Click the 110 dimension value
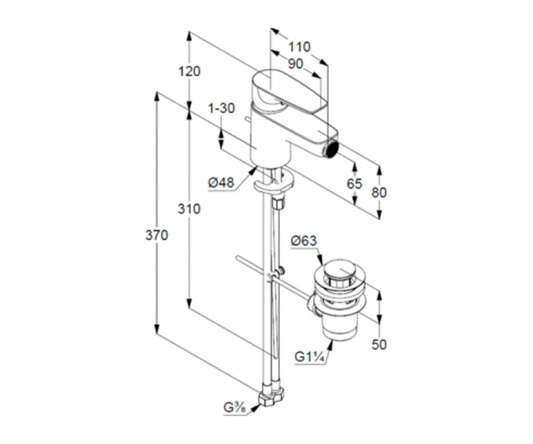pos(299,47)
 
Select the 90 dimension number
pos(295,64)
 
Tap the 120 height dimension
pos(190,72)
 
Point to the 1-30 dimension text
pos(221,108)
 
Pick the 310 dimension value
pos(190,209)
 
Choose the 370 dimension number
pos(157,235)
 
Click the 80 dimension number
pos(379,192)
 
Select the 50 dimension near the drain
pos(380,344)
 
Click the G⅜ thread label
pos(235,408)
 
